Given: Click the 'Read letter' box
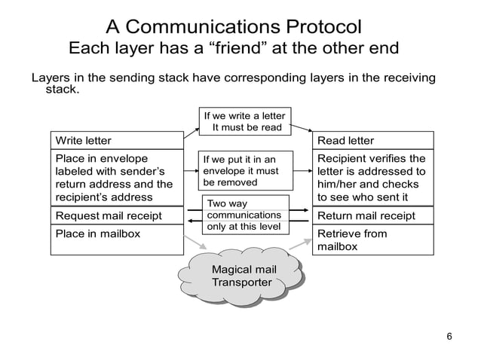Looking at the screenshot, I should (x=374, y=140).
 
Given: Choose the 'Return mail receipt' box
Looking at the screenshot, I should (x=374, y=216).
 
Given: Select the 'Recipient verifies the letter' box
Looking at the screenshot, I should (x=374, y=178).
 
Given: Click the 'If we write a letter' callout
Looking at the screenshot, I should (x=245, y=121).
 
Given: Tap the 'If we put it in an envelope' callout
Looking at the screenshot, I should (x=239, y=171).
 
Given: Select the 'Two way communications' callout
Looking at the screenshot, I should (x=247, y=215).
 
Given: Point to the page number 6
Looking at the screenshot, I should (x=449, y=336).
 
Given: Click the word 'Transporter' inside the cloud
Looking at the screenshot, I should (x=241, y=282).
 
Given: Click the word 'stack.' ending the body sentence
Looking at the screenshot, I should (x=63, y=90).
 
